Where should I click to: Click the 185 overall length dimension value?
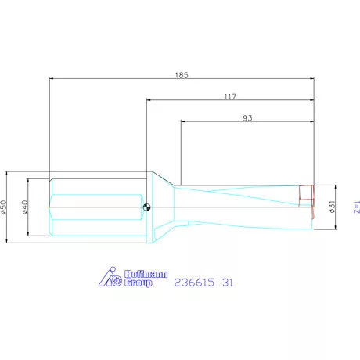(182, 75)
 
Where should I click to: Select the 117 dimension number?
(230, 96)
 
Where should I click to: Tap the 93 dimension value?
(247, 118)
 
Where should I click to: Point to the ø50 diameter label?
(5, 207)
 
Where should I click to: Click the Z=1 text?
(355, 207)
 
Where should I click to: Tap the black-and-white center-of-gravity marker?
(147, 207)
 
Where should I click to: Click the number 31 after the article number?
(229, 282)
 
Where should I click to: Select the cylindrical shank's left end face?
(49, 207)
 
